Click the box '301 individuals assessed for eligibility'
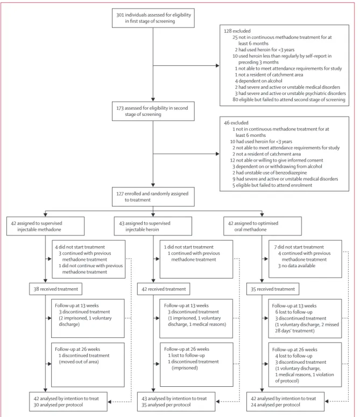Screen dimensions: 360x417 (x=153, y=18)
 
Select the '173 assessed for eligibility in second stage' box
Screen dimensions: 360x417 (x=153, y=111)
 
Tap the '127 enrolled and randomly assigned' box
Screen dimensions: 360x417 (x=153, y=197)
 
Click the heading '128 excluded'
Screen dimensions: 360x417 (x=237, y=31)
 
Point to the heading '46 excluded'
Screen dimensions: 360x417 (x=236, y=123)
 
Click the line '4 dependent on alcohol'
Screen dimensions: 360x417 (x=258, y=81)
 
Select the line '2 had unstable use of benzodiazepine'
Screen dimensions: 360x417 (x=270, y=172)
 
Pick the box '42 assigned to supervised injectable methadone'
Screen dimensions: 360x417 (x=45, y=226)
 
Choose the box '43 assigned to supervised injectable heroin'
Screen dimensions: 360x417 (x=153, y=226)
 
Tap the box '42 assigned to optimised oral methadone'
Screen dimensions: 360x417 (x=263, y=226)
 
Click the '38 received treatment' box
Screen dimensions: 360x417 (x=55, y=289)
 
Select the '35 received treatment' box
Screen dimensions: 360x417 (x=273, y=289)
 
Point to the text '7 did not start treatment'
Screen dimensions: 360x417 (x=299, y=247)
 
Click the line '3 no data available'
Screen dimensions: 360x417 (x=297, y=266)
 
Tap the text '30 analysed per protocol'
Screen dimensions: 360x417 (x=58, y=405)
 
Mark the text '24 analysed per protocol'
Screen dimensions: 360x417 (x=276, y=405)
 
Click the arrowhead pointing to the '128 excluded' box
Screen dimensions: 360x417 (x=217, y=65)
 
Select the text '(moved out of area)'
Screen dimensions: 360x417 (x=79, y=362)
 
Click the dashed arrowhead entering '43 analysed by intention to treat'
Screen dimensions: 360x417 (x=218, y=401)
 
